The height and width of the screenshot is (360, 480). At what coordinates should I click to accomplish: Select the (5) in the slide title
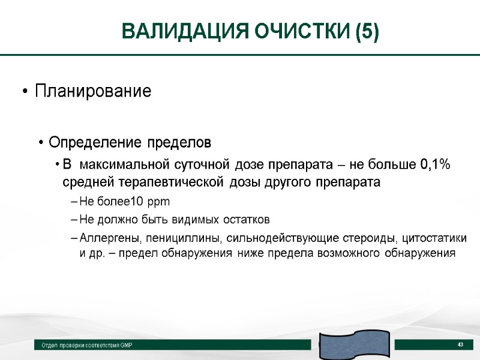(x=367, y=31)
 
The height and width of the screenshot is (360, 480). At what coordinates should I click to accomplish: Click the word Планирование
(x=93, y=92)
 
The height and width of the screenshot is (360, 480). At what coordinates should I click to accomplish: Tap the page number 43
(x=461, y=344)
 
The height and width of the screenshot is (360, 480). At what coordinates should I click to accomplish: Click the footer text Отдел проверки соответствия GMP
(x=86, y=346)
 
